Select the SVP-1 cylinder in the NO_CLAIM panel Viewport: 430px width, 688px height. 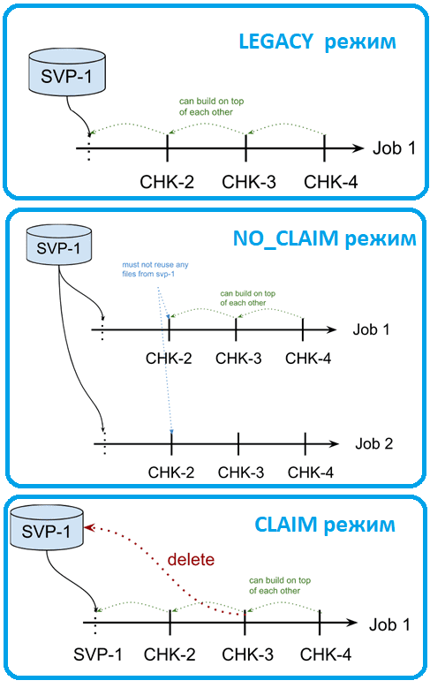pyautogui.click(x=59, y=246)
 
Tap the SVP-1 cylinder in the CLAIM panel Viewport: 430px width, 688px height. pyautogui.click(x=46, y=528)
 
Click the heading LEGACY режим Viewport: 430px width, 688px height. pyautogui.click(x=317, y=42)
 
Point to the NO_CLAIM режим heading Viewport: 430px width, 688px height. pyautogui.click(x=324, y=238)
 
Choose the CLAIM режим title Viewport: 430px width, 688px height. pyautogui.click(x=325, y=525)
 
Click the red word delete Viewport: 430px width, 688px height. pyautogui.click(x=191, y=559)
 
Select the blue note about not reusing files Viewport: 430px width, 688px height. pyautogui.click(x=155, y=269)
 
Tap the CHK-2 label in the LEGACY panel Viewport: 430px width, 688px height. pyautogui.click(x=167, y=182)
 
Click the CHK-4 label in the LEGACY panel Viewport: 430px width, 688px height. pyautogui.click(x=331, y=182)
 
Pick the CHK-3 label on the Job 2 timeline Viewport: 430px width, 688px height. pyautogui.click(x=241, y=473)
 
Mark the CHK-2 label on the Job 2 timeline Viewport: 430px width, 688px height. pyautogui.click(x=171, y=473)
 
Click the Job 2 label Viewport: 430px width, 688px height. pyautogui.click(x=373, y=443)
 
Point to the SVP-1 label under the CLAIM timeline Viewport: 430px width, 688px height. pyautogui.click(x=97, y=654)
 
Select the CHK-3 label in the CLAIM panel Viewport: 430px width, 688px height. pyautogui.click(x=247, y=654)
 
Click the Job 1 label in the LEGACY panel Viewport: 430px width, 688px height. pyautogui.click(x=394, y=148)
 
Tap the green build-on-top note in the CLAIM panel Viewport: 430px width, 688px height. pyautogui.click(x=280, y=586)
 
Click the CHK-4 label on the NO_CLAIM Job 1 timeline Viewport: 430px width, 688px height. pyautogui.click(x=308, y=359)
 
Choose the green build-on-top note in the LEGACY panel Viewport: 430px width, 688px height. pyautogui.click(x=211, y=107)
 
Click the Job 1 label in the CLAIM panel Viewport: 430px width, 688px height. pyautogui.click(x=389, y=624)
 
